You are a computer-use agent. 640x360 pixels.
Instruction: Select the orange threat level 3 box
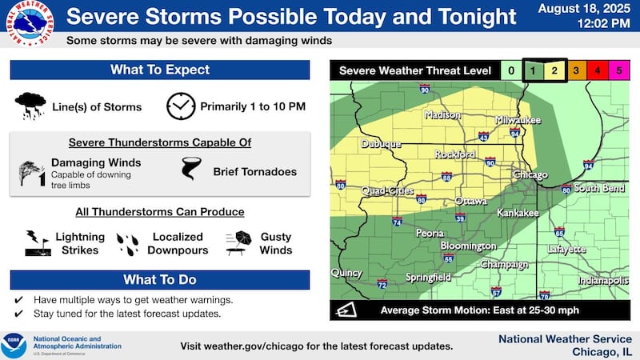576,71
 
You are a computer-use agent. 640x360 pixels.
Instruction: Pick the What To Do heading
160,280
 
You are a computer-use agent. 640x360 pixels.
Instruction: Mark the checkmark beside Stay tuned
18,313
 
